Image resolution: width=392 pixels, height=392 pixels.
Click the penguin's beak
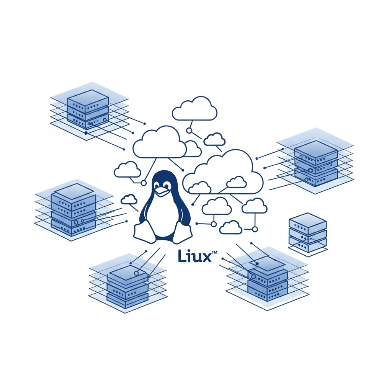point(161,192)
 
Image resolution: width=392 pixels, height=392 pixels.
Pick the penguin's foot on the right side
point(183,232)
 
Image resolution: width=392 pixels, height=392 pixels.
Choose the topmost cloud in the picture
point(194,109)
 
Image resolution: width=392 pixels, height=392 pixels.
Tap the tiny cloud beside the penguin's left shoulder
point(129,199)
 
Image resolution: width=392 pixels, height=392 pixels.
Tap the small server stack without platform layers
point(308,232)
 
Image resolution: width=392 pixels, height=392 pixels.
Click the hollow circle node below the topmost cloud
point(189,131)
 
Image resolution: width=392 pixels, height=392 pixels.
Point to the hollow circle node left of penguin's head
point(144,183)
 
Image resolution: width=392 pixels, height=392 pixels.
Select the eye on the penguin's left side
point(157,185)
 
